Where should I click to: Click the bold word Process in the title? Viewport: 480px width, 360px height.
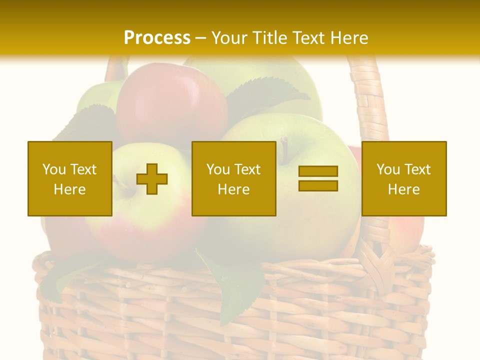pyautogui.click(x=157, y=37)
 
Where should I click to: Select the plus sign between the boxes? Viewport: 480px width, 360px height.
pyautogui.click(x=152, y=179)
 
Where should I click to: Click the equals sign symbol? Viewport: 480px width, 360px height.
pyautogui.click(x=318, y=178)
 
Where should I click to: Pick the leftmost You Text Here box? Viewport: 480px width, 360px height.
pyautogui.click(x=70, y=178)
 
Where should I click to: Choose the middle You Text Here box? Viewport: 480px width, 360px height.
pyautogui.click(x=233, y=178)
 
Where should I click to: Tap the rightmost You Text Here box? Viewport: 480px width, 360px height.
pyautogui.click(x=404, y=178)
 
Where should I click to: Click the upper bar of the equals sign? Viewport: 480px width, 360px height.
pyautogui.click(x=318, y=171)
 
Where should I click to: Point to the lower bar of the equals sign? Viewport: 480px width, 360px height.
pyautogui.click(x=318, y=185)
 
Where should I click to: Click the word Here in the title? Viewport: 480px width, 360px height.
pyautogui.click(x=348, y=37)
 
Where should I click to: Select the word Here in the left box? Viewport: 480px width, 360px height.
pyautogui.click(x=70, y=189)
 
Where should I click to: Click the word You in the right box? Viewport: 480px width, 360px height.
pyautogui.click(x=388, y=169)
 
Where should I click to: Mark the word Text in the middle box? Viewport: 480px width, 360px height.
pyautogui.click(x=247, y=169)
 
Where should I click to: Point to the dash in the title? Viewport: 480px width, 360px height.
pyautogui.click(x=201, y=38)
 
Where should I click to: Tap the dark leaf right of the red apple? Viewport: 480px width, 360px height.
pyautogui.click(x=265, y=97)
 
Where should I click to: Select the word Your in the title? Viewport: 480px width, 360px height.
pyautogui.click(x=229, y=37)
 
